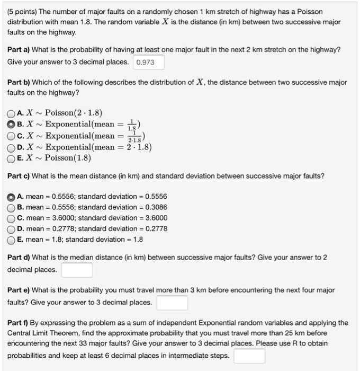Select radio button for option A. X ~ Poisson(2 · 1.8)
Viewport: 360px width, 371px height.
coord(12,113)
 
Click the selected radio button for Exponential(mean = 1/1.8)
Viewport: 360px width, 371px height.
coord(12,124)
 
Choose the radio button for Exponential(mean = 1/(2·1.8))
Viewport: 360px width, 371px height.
coord(12,136)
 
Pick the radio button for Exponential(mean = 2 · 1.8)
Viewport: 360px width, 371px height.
coord(12,147)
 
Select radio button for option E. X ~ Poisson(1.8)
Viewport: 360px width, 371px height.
coord(12,158)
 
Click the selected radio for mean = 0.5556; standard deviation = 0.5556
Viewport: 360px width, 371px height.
coord(12,196)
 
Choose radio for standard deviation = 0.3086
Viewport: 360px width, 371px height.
coord(12,207)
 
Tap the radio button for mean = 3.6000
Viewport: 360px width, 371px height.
coord(12,218)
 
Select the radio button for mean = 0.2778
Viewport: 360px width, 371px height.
coord(12,228)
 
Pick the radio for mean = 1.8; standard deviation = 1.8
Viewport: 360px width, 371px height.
coord(12,240)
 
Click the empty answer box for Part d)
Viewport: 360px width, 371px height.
coord(77,270)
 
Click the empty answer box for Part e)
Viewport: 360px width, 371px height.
coord(172,303)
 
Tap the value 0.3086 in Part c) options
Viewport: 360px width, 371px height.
coord(154,207)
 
